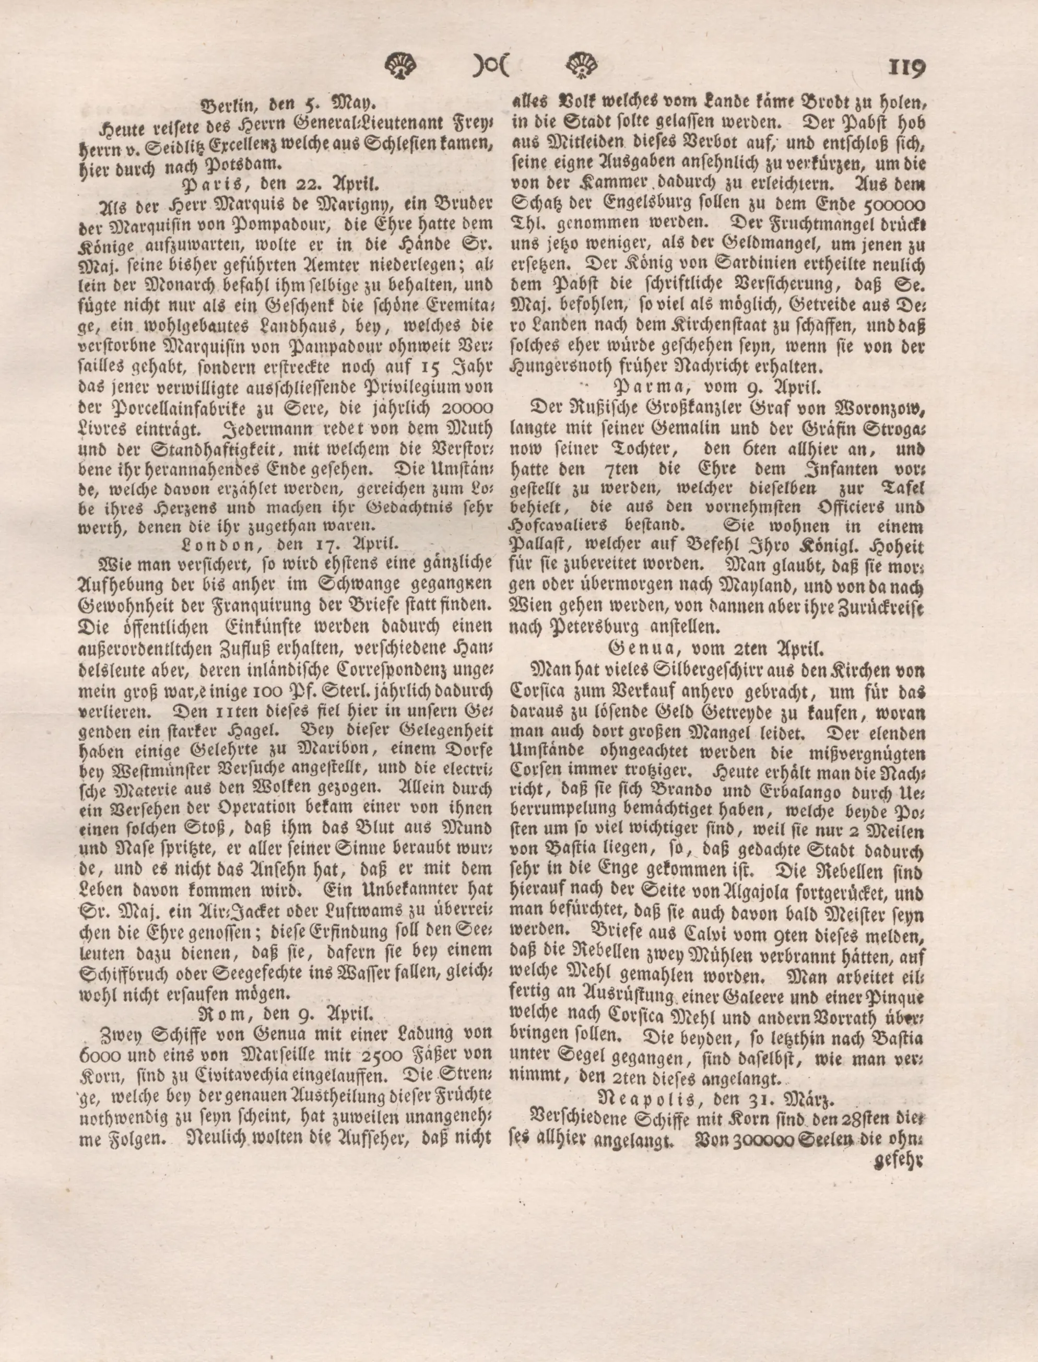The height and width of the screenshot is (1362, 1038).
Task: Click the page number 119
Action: pyautogui.click(x=906, y=66)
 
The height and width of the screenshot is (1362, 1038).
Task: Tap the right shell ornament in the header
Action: pyautogui.click(x=582, y=64)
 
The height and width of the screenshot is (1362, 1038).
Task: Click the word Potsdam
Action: pyautogui.click(x=246, y=165)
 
